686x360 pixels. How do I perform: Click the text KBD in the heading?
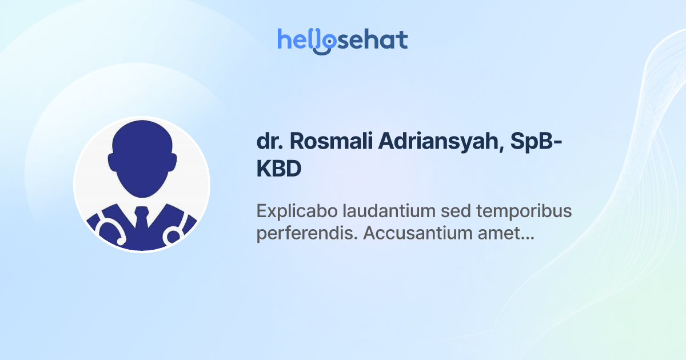click(x=278, y=170)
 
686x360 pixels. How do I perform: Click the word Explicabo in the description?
click(x=297, y=211)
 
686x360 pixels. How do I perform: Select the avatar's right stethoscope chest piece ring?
click(x=173, y=235)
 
